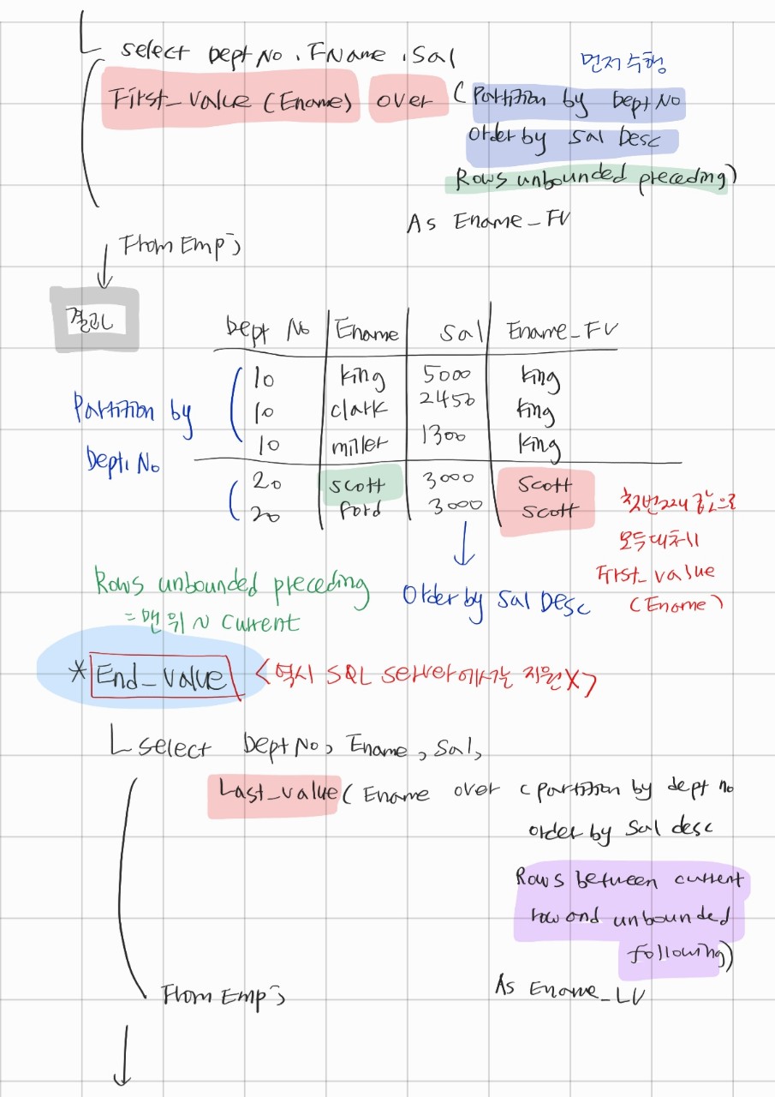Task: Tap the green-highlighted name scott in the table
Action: (x=357, y=486)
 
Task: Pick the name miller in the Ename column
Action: (x=360, y=443)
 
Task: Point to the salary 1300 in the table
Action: (x=444, y=437)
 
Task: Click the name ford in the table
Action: (x=356, y=512)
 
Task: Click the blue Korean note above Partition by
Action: (x=622, y=63)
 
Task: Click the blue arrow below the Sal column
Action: (x=462, y=547)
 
